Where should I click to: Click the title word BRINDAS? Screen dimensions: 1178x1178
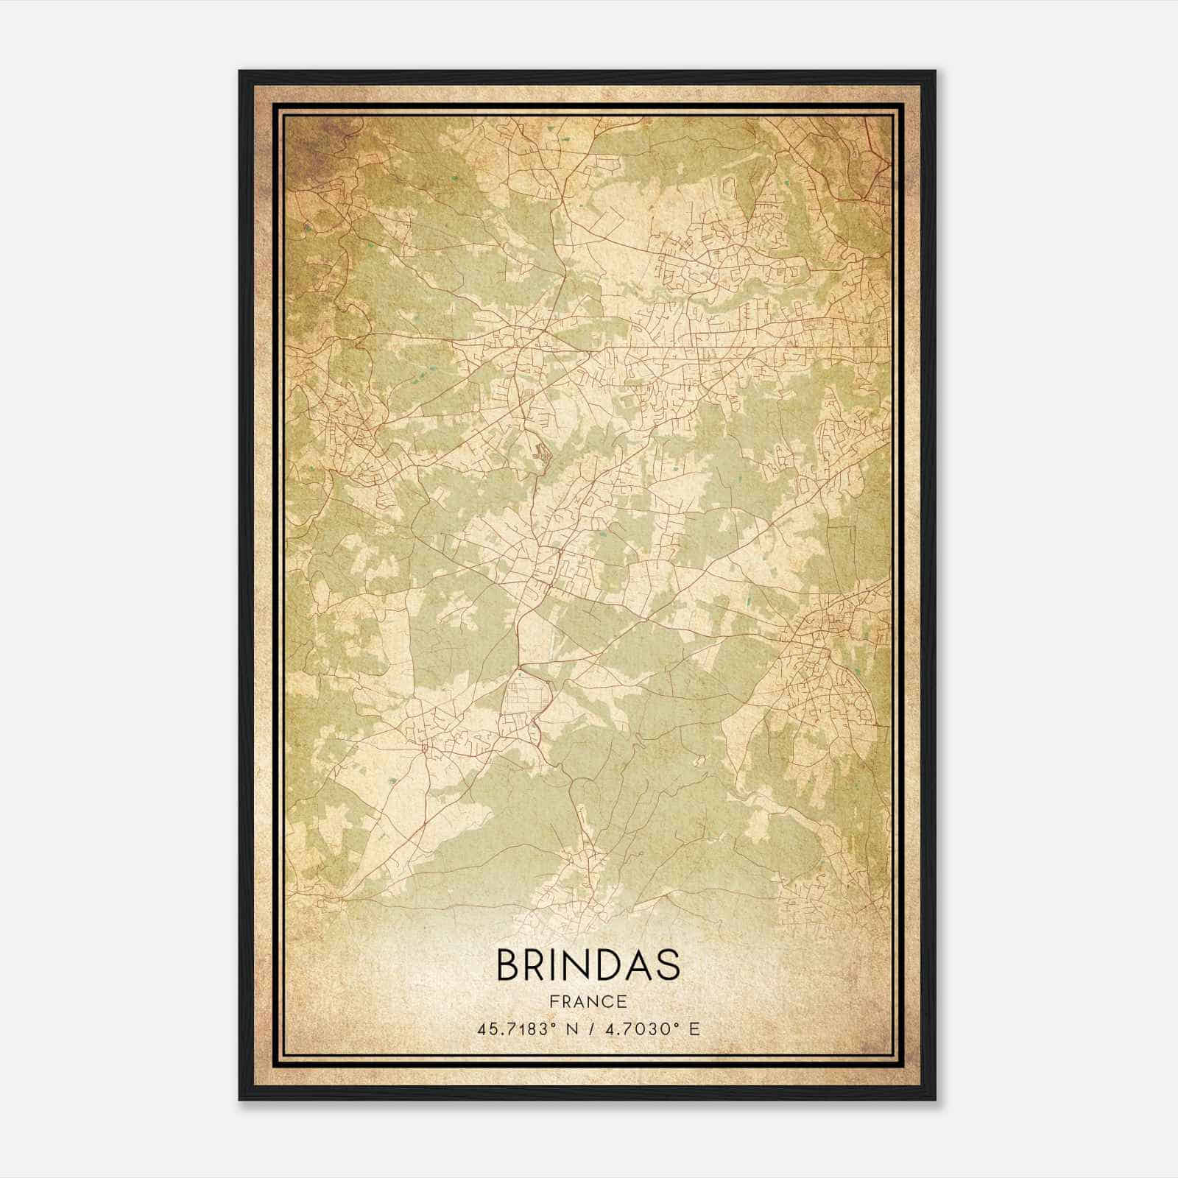tap(588, 965)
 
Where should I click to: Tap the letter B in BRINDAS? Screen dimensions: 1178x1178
tap(509, 965)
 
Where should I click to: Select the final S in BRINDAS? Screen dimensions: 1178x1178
tap(667, 965)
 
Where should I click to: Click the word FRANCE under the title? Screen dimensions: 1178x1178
tap(588, 1002)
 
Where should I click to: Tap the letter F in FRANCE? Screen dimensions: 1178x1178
tap(554, 1002)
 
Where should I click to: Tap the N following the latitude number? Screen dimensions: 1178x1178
tap(570, 1029)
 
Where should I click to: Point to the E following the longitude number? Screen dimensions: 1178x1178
tap(694, 1029)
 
